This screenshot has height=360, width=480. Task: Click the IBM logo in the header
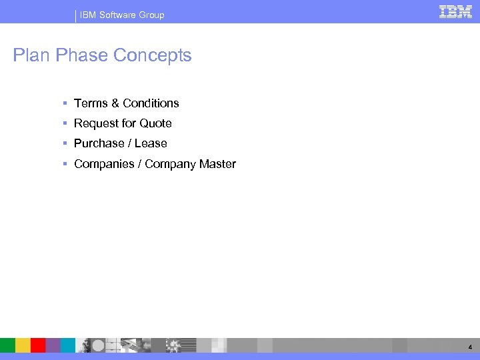(x=455, y=11)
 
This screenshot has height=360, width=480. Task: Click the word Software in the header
(x=117, y=15)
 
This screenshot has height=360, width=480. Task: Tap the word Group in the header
(x=151, y=15)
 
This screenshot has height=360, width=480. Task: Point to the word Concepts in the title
(x=152, y=55)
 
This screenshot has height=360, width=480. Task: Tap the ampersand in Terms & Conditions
(x=115, y=103)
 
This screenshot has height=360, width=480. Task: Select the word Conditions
(x=151, y=103)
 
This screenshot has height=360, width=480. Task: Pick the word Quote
(x=155, y=123)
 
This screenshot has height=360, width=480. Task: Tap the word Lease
(x=151, y=143)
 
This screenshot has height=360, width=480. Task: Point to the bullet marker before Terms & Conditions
(x=65, y=103)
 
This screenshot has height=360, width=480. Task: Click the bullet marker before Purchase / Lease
(x=65, y=143)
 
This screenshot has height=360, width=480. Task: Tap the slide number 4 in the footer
(x=470, y=347)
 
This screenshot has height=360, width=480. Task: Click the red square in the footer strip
(x=38, y=345)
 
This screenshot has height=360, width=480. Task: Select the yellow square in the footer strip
(x=23, y=345)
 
